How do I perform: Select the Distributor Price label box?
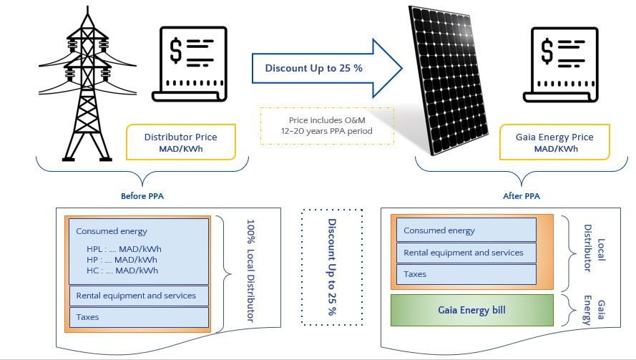pos(180,142)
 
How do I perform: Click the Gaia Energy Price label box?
pos(554,142)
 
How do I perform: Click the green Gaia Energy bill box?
pos(472,309)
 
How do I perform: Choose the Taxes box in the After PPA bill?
pos(466,273)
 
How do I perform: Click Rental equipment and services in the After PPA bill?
pos(466,252)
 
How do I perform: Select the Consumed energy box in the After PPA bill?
pos(466,230)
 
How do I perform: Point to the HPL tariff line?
pos(122,248)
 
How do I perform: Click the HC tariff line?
pos(122,270)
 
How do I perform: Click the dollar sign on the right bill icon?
pos(548,52)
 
